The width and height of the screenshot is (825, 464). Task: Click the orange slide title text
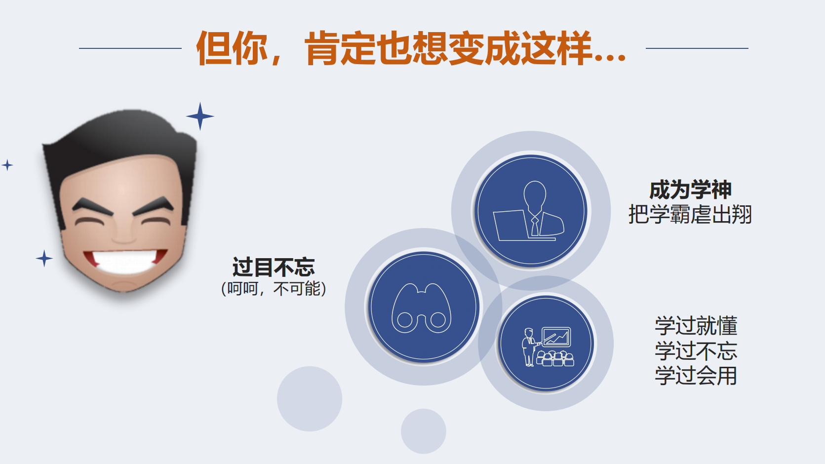pos(411,48)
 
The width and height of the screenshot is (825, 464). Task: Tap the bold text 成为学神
pos(690,190)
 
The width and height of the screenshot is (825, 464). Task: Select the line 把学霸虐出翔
pos(690,215)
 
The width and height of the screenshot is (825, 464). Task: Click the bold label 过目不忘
pos(274,268)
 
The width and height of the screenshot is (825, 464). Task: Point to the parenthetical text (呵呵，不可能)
pos(274,288)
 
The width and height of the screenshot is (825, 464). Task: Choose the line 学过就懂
pos(696,326)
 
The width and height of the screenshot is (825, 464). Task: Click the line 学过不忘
pos(696,351)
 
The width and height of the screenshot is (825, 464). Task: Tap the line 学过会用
pos(696,376)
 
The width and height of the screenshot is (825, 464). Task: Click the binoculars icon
pos(421,309)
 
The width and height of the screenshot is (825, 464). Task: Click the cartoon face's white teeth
pos(125,260)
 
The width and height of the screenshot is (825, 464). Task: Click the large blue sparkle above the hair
pos(200,116)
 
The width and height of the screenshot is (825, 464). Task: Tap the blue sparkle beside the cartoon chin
pos(44,258)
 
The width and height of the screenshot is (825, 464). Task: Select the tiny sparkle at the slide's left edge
pos(7,165)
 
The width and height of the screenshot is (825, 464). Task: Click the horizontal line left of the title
pos(130,48)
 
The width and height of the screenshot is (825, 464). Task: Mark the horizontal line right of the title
pos(697,48)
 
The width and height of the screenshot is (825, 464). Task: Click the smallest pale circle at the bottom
pos(423,431)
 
